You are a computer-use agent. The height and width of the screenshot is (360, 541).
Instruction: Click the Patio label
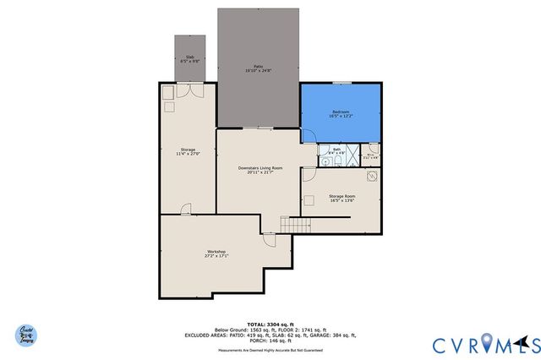point(259,66)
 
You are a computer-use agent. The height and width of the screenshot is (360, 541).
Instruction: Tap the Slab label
point(189,57)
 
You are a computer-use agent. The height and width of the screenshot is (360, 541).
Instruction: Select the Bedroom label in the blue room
point(341,112)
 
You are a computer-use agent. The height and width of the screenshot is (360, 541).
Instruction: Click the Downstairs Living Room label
point(259,168)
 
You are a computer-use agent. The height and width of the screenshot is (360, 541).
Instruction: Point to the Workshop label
point(216,251)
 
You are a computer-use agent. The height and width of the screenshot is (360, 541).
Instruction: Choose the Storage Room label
point(342,196)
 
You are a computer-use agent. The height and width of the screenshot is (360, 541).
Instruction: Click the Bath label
point(336,150)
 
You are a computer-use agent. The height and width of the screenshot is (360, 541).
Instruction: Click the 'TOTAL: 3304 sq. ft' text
point(270,324)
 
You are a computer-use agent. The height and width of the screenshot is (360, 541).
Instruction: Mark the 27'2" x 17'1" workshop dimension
point(216,256)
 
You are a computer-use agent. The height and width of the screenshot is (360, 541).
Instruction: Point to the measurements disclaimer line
point(270,349)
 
